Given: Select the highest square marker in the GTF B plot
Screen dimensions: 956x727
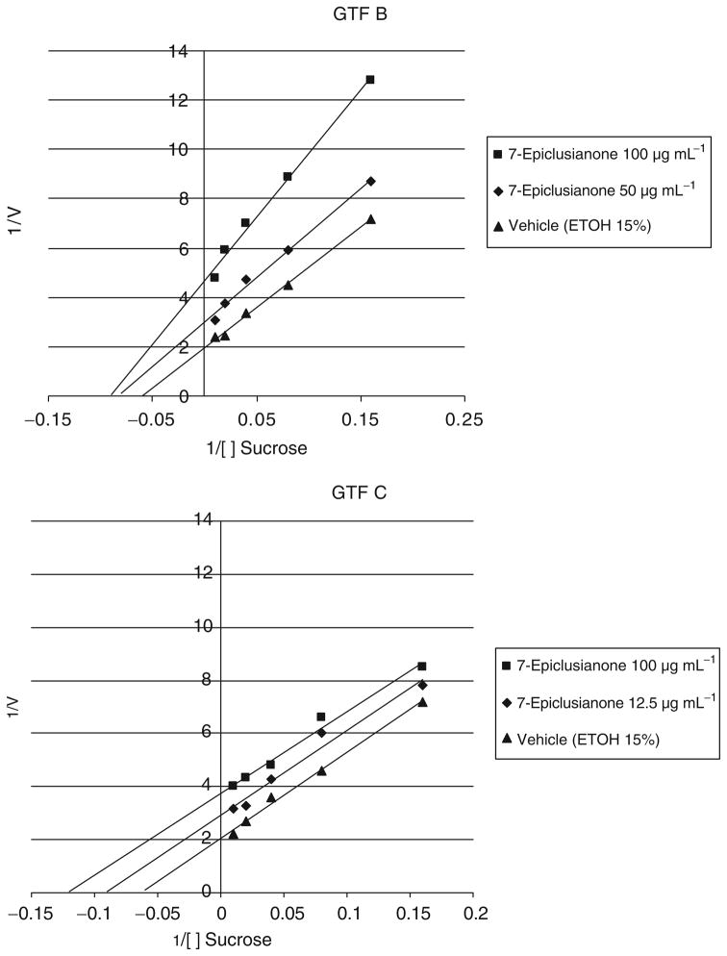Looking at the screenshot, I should [x=370, y=80].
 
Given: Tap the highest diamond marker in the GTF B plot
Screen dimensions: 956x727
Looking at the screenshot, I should [x=371, y=181].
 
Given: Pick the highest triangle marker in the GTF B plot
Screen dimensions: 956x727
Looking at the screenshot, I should [x=371, y=219].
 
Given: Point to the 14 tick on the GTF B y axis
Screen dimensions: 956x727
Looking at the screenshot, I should [x=179, y=50].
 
